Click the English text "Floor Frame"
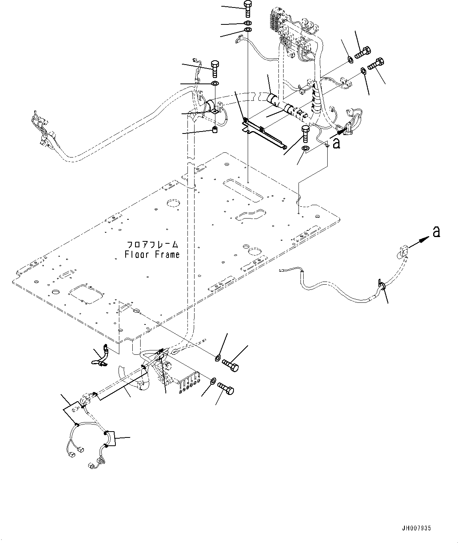pos(152,254)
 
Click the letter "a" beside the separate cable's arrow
pos(436,232)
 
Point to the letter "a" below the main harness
pos(336,144)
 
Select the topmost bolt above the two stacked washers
pos(248,8)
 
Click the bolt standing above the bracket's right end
pos(306,133)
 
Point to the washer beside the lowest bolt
pos(212,381)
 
